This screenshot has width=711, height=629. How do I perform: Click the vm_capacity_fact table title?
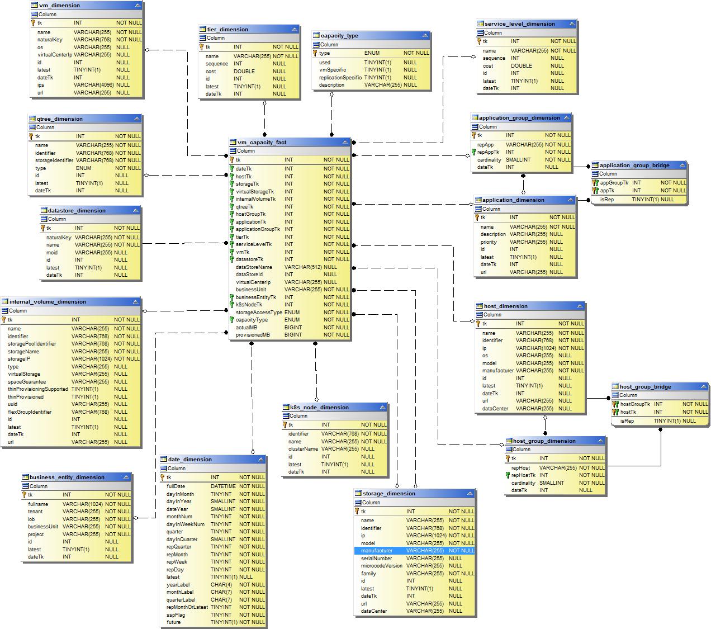262,142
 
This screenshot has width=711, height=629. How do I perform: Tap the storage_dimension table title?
389,494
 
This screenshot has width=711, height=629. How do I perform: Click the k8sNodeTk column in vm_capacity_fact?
249,305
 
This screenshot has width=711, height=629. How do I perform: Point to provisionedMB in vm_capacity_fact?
253,335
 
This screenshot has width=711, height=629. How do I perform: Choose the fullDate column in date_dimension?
176,486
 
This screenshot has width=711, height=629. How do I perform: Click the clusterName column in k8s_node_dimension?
303,449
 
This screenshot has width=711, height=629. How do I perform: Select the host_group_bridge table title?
645,386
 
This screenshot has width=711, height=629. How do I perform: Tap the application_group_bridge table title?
634,165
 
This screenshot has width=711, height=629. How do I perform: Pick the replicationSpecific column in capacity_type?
340,78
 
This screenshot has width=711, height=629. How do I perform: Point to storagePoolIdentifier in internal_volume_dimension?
32,344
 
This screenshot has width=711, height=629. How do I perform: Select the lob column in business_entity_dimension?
32,519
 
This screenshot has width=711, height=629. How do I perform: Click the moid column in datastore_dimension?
52,252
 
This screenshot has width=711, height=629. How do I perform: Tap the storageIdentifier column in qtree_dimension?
54,160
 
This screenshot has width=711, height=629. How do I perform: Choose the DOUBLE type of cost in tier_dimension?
244,72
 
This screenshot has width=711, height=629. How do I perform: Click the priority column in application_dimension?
489,242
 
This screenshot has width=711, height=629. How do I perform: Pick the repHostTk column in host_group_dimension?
523,475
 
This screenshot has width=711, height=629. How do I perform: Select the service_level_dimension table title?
519,24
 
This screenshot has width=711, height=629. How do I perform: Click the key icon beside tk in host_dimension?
479,324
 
